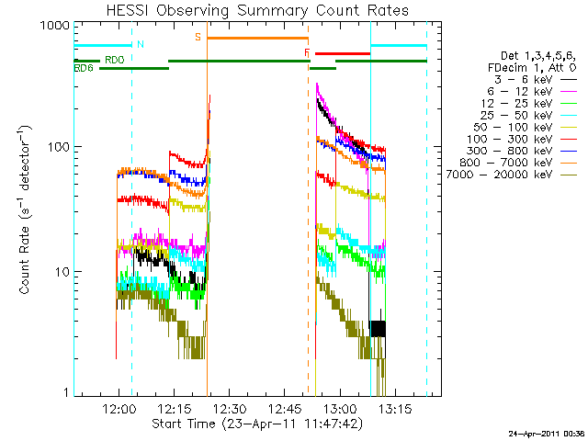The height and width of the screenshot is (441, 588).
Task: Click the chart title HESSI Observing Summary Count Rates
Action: [x=257, y=10]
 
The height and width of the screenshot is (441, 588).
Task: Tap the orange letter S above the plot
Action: [x=198, y=38]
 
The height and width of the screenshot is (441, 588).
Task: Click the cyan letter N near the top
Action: [x=140, y=44]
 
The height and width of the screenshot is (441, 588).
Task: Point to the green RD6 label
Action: [x=84, y=68]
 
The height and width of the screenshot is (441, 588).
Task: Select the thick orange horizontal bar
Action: [x=257, y=38]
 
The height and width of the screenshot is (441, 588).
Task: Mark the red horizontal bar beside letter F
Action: [x=342, y=53]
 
